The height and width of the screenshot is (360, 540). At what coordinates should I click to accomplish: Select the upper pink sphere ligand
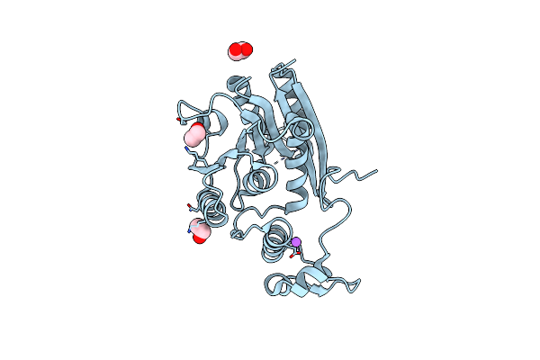click(x=193, y=136)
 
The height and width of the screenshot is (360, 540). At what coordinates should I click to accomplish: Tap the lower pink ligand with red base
click(x=199, y=228)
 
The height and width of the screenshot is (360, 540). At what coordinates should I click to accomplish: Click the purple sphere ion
click(x=294, y=242)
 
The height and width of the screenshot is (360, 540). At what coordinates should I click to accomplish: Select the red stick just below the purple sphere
click(x=291, y=256)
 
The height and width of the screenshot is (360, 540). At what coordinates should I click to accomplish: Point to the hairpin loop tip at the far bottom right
click(x=358, y=286)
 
